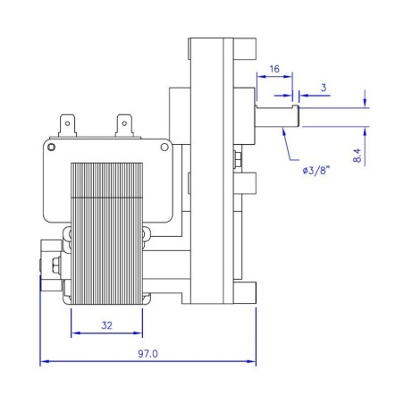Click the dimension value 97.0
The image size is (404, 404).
(x=148, y=354)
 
